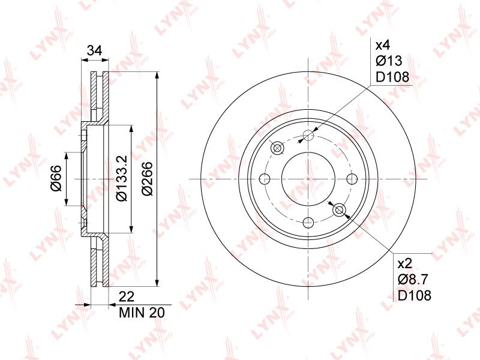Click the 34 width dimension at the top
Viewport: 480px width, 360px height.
[x=94, y=50]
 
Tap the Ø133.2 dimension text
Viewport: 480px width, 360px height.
[x=122, y=178]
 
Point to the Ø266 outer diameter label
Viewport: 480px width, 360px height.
[x=147, y=179]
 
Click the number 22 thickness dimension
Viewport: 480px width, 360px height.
[x=127, y=297]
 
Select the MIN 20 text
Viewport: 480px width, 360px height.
[x=142, y=313]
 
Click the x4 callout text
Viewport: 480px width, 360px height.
[x=383, y=46]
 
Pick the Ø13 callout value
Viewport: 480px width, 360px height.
[x=389, y=61]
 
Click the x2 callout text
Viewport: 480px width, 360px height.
[x=404, y=263]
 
